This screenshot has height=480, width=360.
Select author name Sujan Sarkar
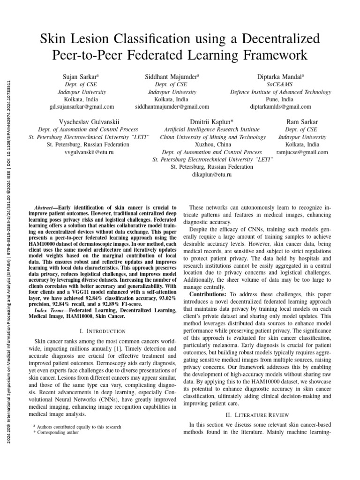click(81, 76)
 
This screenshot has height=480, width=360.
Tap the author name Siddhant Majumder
click(172, 76)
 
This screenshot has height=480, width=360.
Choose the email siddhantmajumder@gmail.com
click(172, 107)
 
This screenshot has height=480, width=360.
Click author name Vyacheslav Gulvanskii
click(88, 121)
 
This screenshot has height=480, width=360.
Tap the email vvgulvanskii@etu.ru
click(88, 153)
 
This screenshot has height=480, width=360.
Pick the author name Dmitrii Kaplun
click(211, 121)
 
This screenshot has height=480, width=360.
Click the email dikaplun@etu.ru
click(212, 174)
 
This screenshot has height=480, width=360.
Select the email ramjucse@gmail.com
click(302, 153)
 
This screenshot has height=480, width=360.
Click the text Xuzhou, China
click(212, 145)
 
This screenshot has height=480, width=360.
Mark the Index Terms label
click(51, 310)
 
